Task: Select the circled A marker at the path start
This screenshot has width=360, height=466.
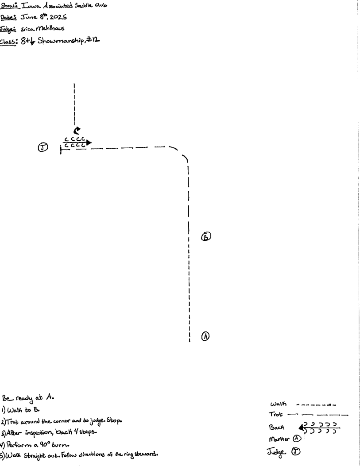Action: click(205, 336)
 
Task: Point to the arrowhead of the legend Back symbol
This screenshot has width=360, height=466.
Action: click(303, 427)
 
